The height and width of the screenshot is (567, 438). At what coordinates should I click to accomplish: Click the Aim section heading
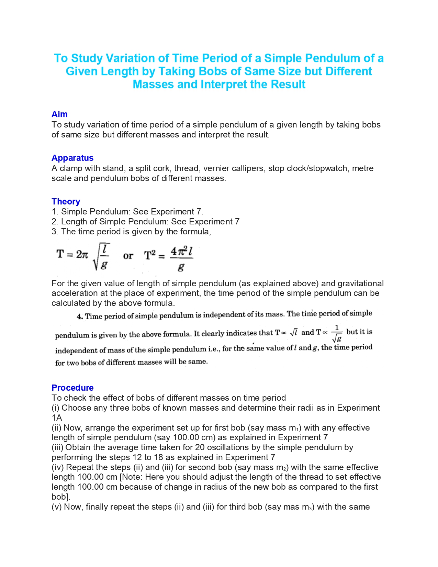click(59, 114)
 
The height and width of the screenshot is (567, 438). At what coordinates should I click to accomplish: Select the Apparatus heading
click(72, 158)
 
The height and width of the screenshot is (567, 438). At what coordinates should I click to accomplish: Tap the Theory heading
click(66, 202)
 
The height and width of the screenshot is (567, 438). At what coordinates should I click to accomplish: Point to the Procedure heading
click(72, 388)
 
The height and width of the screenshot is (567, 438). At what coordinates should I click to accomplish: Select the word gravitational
click(361, 283)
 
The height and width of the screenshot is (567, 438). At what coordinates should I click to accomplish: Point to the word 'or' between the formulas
click(128, 256)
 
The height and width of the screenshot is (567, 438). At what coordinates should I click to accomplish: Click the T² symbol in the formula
click(150, 255)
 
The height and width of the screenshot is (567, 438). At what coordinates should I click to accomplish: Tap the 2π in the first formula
click(82, 255)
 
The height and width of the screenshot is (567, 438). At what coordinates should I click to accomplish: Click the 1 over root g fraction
click(337, 333)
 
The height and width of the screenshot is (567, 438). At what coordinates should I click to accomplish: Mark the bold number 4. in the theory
click(80, 317)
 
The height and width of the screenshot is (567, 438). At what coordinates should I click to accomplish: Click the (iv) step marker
click(57, 467)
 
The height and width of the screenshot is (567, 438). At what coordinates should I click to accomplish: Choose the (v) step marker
click(57, 507)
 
